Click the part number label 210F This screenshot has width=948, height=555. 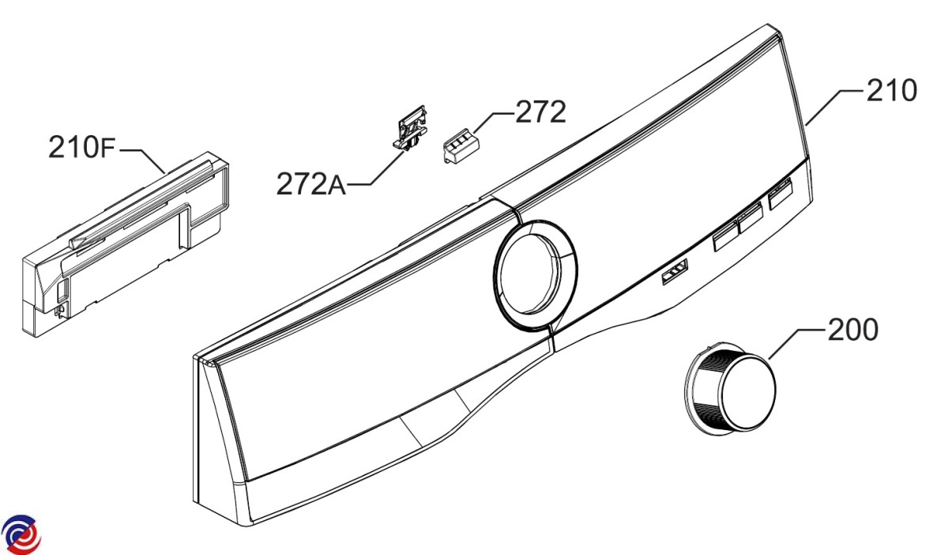[x=81, y=146]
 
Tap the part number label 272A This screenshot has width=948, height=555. [x=311, y=184]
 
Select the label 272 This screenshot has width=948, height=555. [x=540, y=111]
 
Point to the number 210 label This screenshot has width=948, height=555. [x=892, y=90]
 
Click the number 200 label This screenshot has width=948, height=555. [x=852, y=330]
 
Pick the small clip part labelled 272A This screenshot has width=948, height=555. [x=410, y=127]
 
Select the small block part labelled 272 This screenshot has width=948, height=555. [x=460, y=145]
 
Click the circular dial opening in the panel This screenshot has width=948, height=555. [x=535, y=275]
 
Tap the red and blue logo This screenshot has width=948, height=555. [x=21, y=534]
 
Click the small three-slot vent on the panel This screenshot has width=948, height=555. [x=675, y=271]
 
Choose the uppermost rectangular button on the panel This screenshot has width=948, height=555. [x=780, y=194]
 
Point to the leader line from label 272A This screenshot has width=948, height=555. [x=376, y=168]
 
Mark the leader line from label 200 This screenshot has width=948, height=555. [x=796, y=344]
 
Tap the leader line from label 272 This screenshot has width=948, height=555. [x=493, y=123]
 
